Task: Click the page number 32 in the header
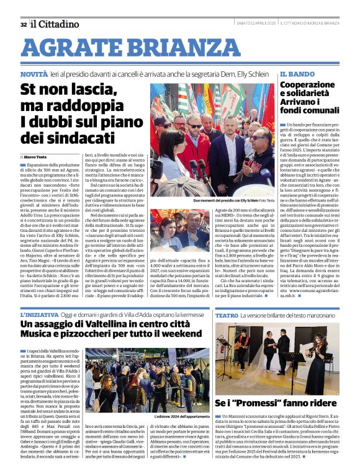[x=23, y=24]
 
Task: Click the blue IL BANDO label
[x=293, y=74]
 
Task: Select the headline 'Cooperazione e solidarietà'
[x=312, y=100]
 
